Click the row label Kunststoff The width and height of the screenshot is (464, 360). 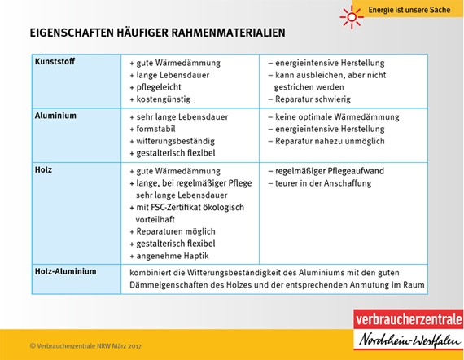pyautogui.click(x=55, y=62)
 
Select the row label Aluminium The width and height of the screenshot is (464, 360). pyautogui.click(x=55, y=116)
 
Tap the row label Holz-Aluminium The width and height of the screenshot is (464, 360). pyautogui.click(x=64, y=271)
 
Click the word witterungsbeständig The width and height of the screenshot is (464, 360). pyautogui.click(x=175, y=141)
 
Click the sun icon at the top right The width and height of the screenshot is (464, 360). pyautogui.click(x=350, y=14)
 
